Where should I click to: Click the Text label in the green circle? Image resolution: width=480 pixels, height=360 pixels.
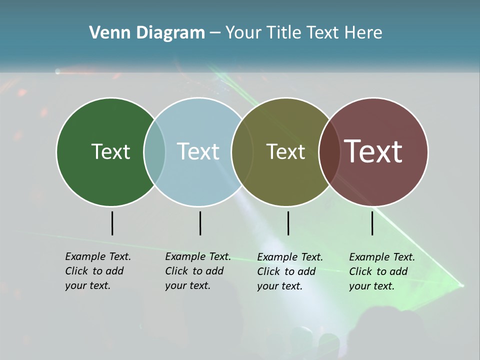point(110,151)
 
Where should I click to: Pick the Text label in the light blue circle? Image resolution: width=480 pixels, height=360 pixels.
point(198,151)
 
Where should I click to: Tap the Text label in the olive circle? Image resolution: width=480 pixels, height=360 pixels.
point(285,151)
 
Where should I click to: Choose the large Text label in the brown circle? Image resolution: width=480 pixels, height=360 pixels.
point(373,151)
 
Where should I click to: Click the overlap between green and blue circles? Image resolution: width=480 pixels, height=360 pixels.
point(154,151)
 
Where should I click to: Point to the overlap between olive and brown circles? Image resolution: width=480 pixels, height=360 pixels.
point(329,151)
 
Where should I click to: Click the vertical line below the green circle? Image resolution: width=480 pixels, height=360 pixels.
point(112,223)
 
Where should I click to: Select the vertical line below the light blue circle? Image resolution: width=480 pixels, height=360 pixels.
point(200,223)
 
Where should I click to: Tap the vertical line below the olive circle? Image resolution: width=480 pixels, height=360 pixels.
point(288,223)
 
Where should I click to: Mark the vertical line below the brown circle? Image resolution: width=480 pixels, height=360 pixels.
point(372,223)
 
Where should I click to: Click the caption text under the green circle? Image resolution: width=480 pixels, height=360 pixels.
point(97,271)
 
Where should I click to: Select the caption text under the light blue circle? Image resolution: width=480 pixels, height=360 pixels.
point(197,271)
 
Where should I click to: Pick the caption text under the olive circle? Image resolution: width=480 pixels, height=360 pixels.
point(289,271)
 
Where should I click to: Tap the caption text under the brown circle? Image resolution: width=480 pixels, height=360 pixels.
point(381,271)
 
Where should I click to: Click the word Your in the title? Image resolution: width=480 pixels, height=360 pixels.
point(244,33)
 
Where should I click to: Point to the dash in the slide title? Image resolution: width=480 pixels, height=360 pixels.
point(215,33)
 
